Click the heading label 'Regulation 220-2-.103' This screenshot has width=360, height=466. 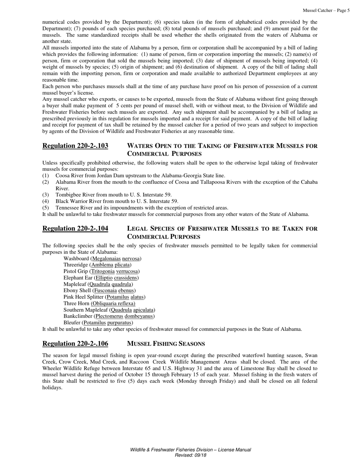pyautogui.click(x=75, y=146)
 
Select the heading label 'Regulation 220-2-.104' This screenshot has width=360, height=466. pyautogui.click(x=75, y=228)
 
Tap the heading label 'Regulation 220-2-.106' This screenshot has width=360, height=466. pyautogui.click(x=75, y=344)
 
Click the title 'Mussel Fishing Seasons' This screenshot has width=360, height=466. pyautogui.click(x=166, y=344)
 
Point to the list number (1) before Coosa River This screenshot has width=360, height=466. pyautogui.click(x=45, y=175)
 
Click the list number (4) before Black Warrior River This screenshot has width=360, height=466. pyautogui.click(x=45, y=201)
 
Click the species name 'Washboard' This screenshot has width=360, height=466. pyautogui.click(x=76, y=258)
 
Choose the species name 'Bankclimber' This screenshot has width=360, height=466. pyautogui.click(x=78, y=316)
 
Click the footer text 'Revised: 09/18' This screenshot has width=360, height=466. pyautogui.click(x=190, y=455)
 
